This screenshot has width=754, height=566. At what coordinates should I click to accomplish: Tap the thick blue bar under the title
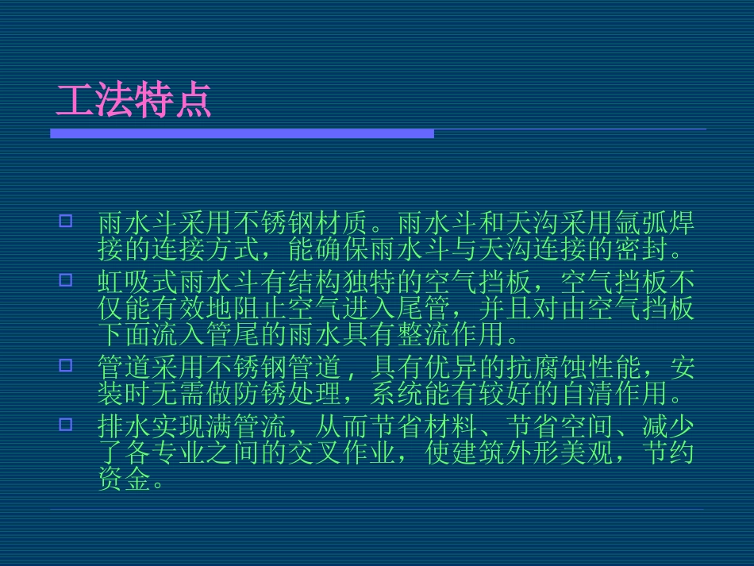[x=242, y=133]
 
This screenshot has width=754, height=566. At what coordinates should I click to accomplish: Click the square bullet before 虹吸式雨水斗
[x=66, y=279]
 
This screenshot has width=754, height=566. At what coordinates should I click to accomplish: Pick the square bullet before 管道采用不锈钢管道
[x=66, y=365]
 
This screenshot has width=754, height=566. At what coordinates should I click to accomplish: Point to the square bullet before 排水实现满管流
[x=66, y=424]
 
